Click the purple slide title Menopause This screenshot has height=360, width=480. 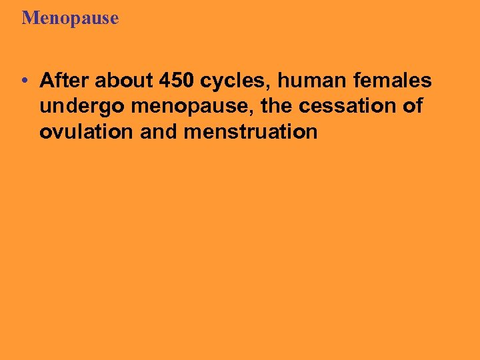pos(70,18)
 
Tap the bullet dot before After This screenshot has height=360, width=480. pos(24,82)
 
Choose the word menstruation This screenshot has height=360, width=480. pos(251,132)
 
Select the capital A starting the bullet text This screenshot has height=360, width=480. pos(46,81)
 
